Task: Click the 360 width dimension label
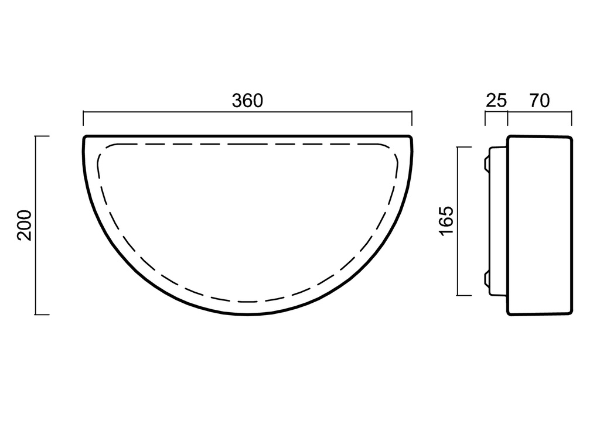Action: [248, 101]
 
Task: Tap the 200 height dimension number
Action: [24, 225]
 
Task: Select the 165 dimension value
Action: [446, 221]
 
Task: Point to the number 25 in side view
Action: [496, 101]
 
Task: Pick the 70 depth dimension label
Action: [540, 101]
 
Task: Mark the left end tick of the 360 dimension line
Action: [83, 118]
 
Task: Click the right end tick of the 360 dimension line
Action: [412, 118]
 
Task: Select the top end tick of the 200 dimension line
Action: [42, 136]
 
